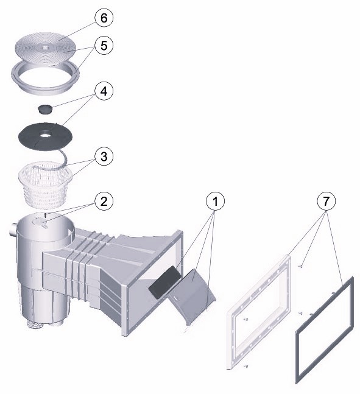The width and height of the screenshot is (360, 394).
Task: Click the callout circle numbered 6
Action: point(104,18)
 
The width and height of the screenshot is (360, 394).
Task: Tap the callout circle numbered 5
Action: point(104,46)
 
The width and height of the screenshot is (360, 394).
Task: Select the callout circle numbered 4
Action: point(104,91)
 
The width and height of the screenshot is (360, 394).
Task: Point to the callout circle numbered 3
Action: point(104,157)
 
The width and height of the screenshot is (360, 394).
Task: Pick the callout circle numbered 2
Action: point(104,201)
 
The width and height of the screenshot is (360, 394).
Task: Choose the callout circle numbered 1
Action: point(215,201)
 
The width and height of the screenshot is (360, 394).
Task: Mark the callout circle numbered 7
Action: point(326,201)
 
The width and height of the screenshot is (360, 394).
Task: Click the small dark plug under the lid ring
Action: point(45,110)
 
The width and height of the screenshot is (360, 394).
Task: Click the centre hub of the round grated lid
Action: point(45,47)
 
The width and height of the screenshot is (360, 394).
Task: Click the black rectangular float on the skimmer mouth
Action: point(164,282)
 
